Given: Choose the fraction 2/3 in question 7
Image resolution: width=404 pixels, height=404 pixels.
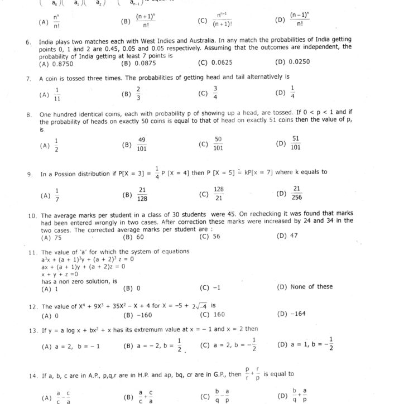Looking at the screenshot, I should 138,93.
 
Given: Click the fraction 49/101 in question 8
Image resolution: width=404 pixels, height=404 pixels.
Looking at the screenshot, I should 142,144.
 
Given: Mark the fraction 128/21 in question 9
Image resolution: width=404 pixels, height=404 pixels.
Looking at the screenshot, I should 219,194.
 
